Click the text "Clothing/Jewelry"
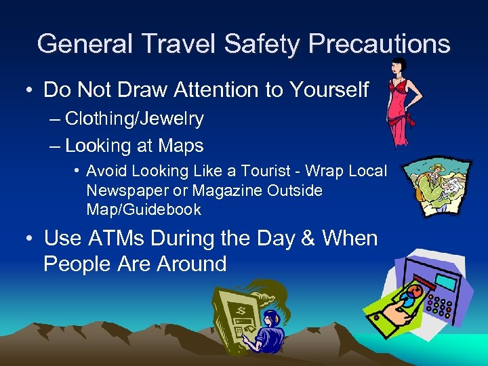point(134,119)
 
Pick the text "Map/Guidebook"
point(144,209)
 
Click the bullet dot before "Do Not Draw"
point(30,91)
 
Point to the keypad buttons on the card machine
point(441,303)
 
